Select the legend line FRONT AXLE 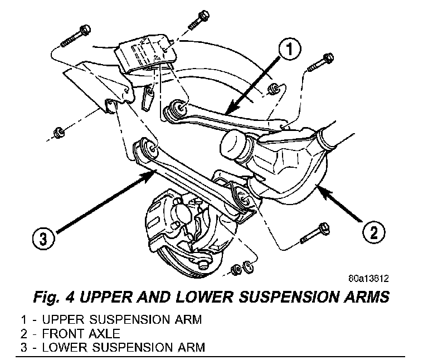(x=71, y=334)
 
